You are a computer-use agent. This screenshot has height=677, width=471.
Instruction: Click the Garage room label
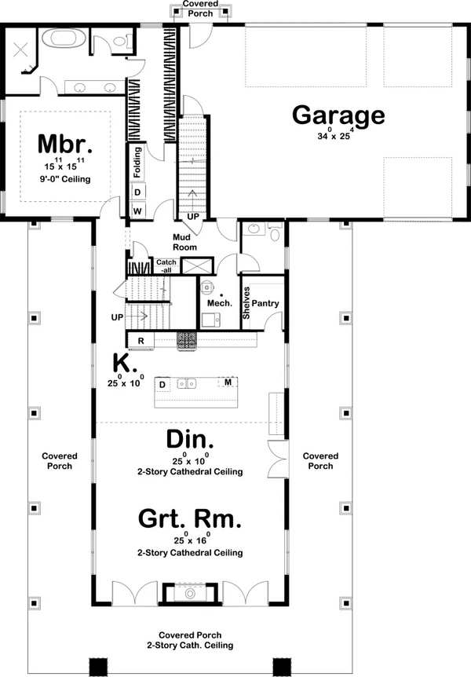tap(338, 115)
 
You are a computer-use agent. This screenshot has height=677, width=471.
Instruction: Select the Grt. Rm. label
tap(189, 519)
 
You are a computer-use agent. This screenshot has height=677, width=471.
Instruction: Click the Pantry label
tap(266, 303)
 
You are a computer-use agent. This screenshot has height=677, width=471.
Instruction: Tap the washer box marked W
tap(137, 211)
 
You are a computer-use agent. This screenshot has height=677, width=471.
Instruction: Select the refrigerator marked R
tap(141, 341)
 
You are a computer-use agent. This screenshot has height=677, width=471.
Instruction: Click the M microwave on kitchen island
tap(228, 382)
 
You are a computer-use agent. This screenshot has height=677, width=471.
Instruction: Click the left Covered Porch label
tap(59, 461)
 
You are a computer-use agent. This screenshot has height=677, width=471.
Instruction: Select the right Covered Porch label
tap(320, 461)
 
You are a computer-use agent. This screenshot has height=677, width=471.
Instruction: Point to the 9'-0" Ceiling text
tap(65, 179)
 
